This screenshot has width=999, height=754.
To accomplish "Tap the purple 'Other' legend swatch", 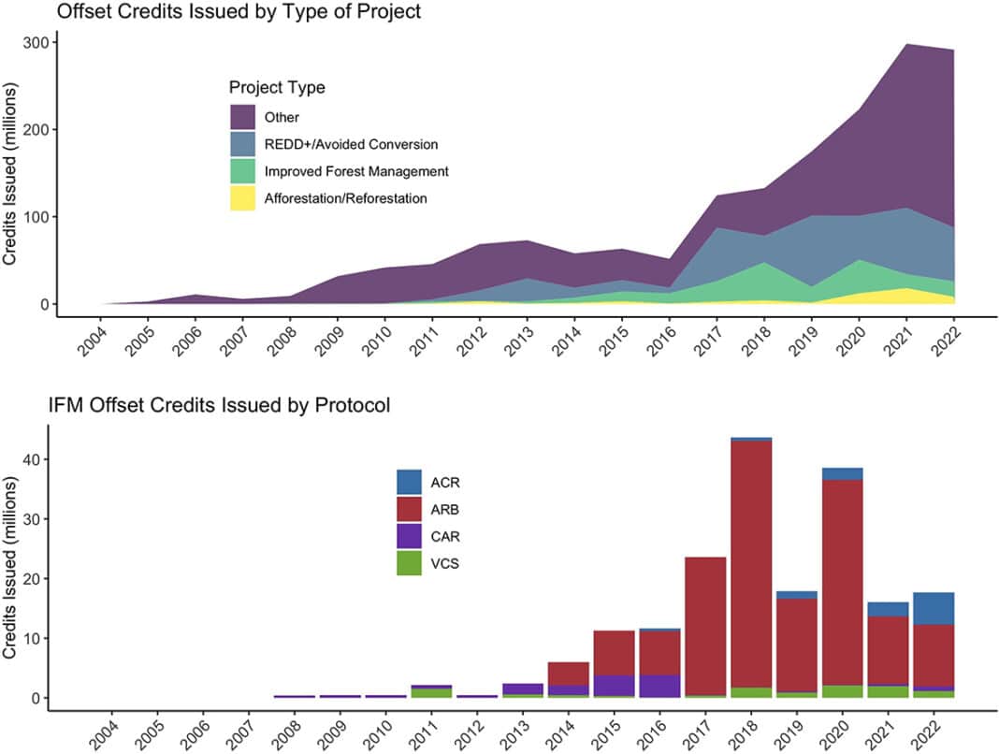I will point(242,117).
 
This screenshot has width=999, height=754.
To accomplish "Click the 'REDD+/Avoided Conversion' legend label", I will point(351,144).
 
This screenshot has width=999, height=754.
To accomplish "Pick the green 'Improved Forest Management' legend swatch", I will point(242,171).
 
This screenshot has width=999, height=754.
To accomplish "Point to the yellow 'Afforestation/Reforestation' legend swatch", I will point(242,198).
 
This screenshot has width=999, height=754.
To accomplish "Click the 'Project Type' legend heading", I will point(277,88).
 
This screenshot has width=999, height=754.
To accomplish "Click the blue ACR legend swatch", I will point(410,483).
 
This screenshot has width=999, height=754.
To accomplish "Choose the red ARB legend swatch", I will point(410,510).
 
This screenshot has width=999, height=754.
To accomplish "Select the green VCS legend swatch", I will point(410,562).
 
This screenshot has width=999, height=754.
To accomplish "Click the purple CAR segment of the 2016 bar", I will point(660,686).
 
